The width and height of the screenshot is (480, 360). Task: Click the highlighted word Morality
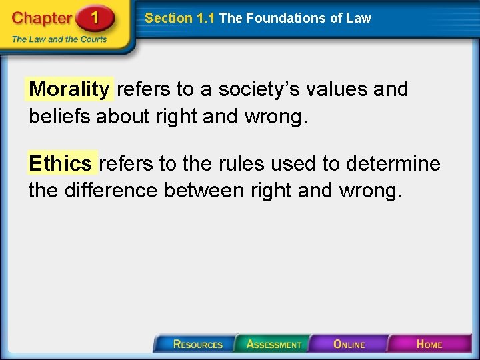69,89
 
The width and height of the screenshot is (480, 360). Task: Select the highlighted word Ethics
61,163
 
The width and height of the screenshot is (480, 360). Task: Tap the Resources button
197,344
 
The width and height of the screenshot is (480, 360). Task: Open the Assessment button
273,344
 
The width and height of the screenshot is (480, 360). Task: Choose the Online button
349,344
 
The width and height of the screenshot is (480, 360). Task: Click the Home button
429,344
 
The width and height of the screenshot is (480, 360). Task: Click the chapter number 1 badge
95,18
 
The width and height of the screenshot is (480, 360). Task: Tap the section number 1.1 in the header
205,19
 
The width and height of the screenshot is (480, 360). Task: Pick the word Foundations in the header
289,19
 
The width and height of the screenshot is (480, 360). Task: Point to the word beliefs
60,116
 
